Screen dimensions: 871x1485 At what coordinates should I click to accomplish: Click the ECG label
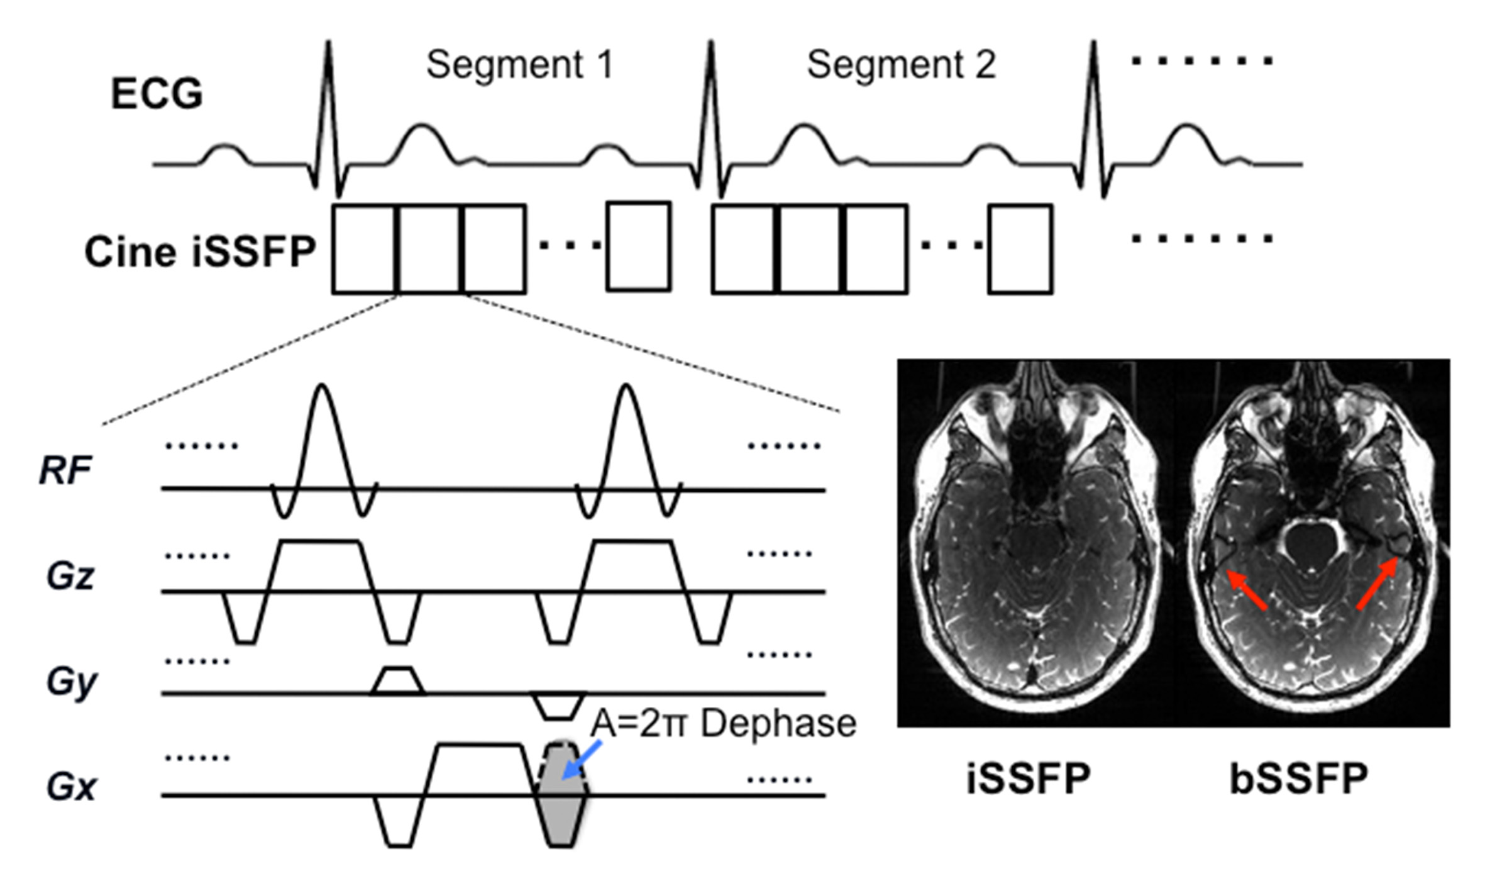[157, 94]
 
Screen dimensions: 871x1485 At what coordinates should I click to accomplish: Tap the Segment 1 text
[519, 64]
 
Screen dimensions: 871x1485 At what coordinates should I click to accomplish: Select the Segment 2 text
[901, 64]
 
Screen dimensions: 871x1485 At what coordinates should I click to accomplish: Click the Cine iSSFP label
[200, 252]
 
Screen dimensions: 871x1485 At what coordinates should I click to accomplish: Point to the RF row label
[65, 470]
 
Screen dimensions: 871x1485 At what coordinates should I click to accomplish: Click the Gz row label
[70, 576]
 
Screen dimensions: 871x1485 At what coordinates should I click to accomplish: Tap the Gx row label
[71, 787]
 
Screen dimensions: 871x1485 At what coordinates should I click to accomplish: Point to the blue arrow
[581, 761]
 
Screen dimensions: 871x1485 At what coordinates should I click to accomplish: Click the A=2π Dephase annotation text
[723, 723]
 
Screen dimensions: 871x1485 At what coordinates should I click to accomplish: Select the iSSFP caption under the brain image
[1029, 779]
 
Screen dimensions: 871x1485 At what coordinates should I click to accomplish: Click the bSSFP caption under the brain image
[1299, 779]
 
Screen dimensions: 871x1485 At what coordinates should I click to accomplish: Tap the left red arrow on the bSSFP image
[1247, 590]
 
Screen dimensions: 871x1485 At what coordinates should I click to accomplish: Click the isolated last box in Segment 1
[638, 247]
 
